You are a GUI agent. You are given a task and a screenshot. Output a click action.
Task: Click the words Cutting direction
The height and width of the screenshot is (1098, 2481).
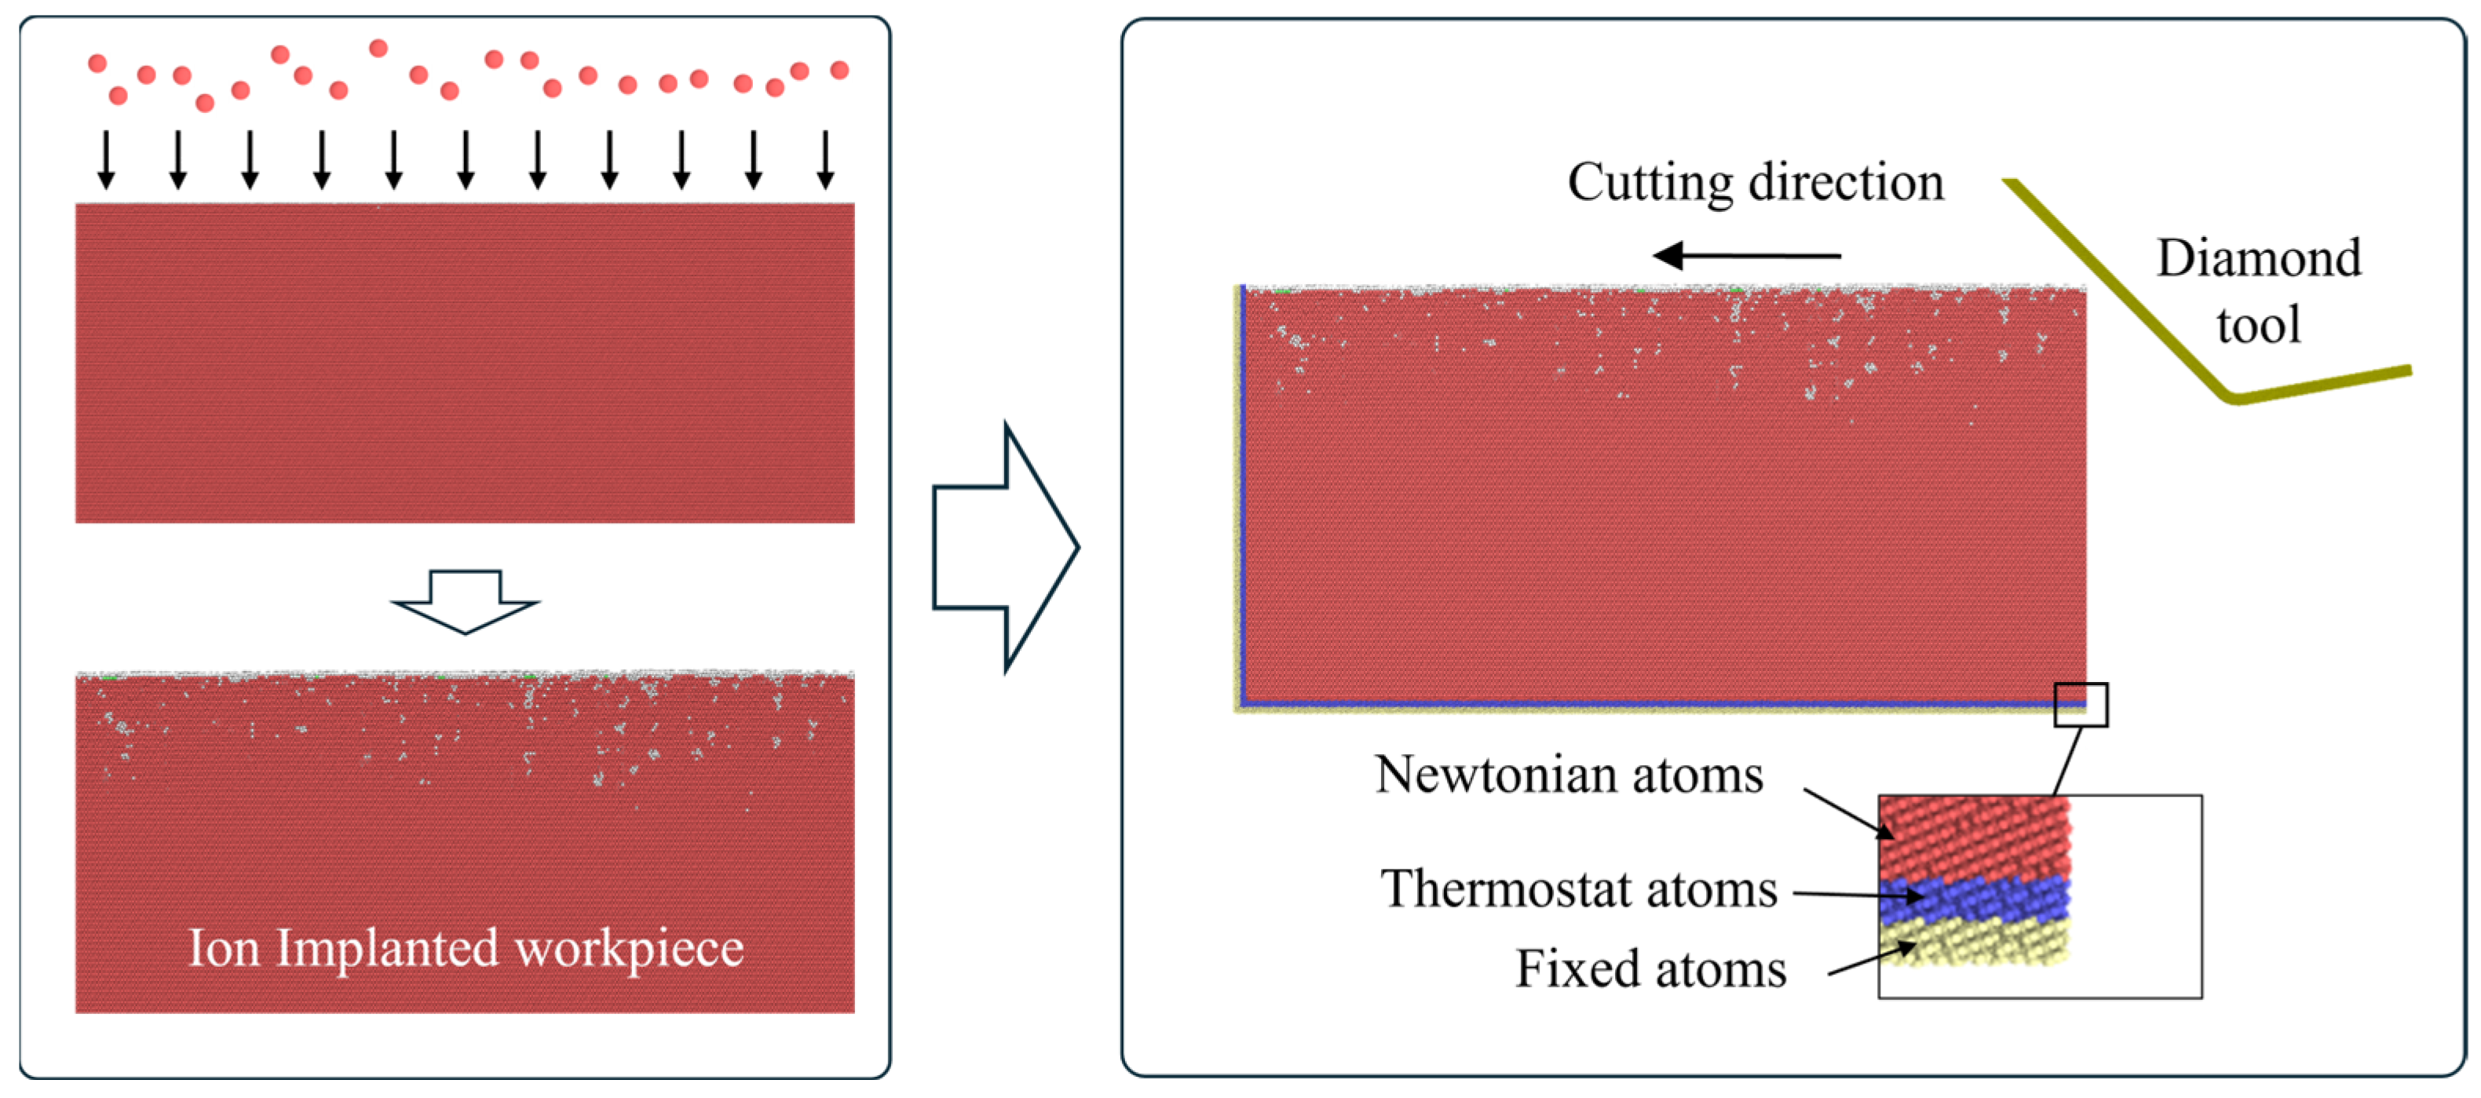[x=1755, y=182]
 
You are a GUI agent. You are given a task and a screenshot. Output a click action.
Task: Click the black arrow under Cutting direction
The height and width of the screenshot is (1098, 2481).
[x=1746, y=256]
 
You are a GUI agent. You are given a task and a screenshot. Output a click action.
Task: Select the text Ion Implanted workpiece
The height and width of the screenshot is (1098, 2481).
[x=466, y=948]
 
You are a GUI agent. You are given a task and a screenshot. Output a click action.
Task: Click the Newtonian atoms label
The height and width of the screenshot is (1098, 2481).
[x=1569, y=775]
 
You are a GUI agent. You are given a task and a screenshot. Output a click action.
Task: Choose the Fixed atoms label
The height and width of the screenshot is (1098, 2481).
[x=1651, y=969]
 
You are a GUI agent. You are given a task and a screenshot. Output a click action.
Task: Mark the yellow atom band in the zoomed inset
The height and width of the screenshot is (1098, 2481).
[x=1975, y=942]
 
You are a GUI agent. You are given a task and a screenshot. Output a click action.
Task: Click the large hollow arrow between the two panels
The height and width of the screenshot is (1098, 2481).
[x=1006, y=547]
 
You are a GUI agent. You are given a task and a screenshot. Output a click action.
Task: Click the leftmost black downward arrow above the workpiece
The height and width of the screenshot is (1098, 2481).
[x=107, y=160]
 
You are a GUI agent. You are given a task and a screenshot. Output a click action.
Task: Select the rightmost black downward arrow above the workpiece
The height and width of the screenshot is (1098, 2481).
[x=825, y=160]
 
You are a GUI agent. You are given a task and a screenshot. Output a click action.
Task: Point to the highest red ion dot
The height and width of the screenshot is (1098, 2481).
[x=378, y=48]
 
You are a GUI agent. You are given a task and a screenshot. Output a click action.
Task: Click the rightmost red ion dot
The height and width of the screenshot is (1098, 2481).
[x=840, y=69]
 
